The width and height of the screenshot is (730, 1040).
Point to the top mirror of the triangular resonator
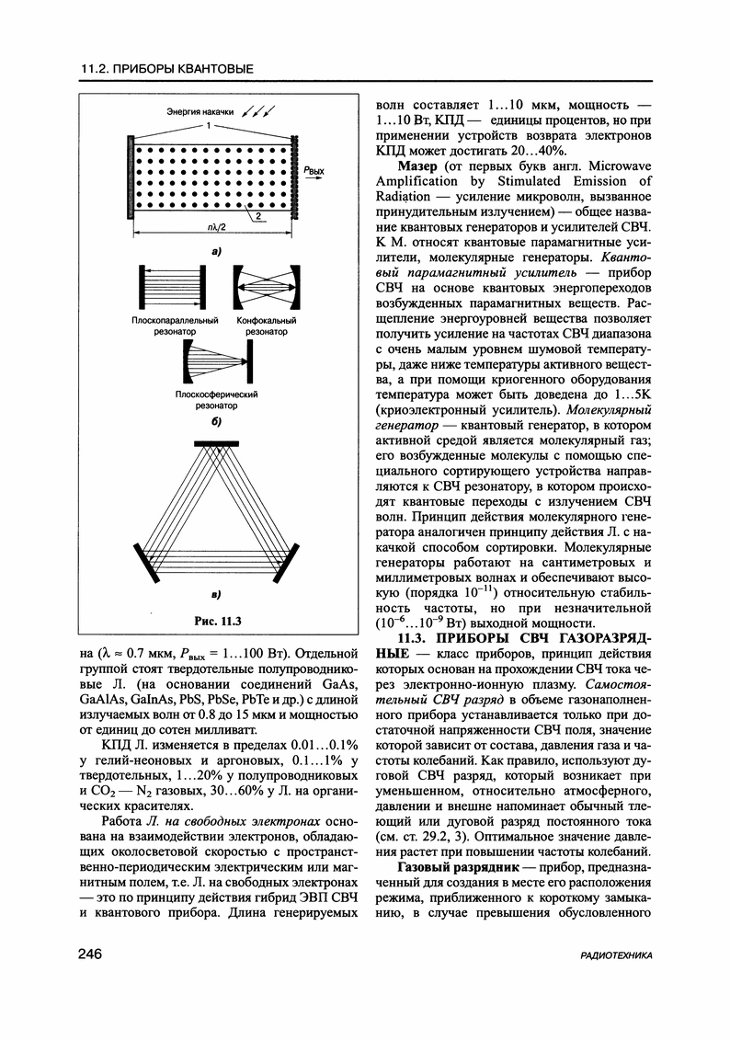[214, 442]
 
